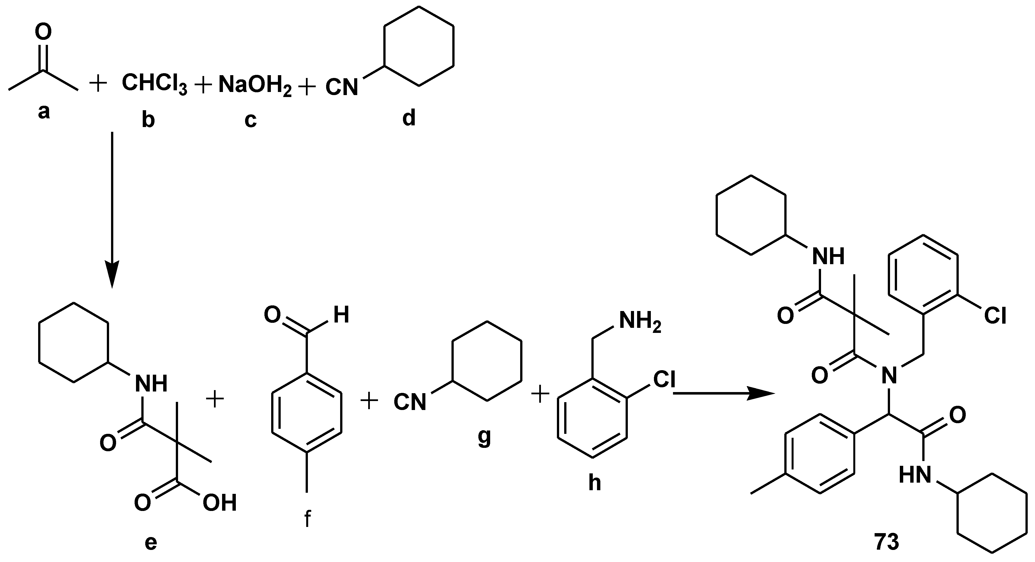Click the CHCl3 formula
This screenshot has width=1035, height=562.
154,84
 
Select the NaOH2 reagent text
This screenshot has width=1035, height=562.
255,86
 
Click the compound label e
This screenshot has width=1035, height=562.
150,543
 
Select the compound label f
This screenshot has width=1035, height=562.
307,519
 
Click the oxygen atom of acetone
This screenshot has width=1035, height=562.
43,32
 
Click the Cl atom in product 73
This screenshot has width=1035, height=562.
995,316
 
